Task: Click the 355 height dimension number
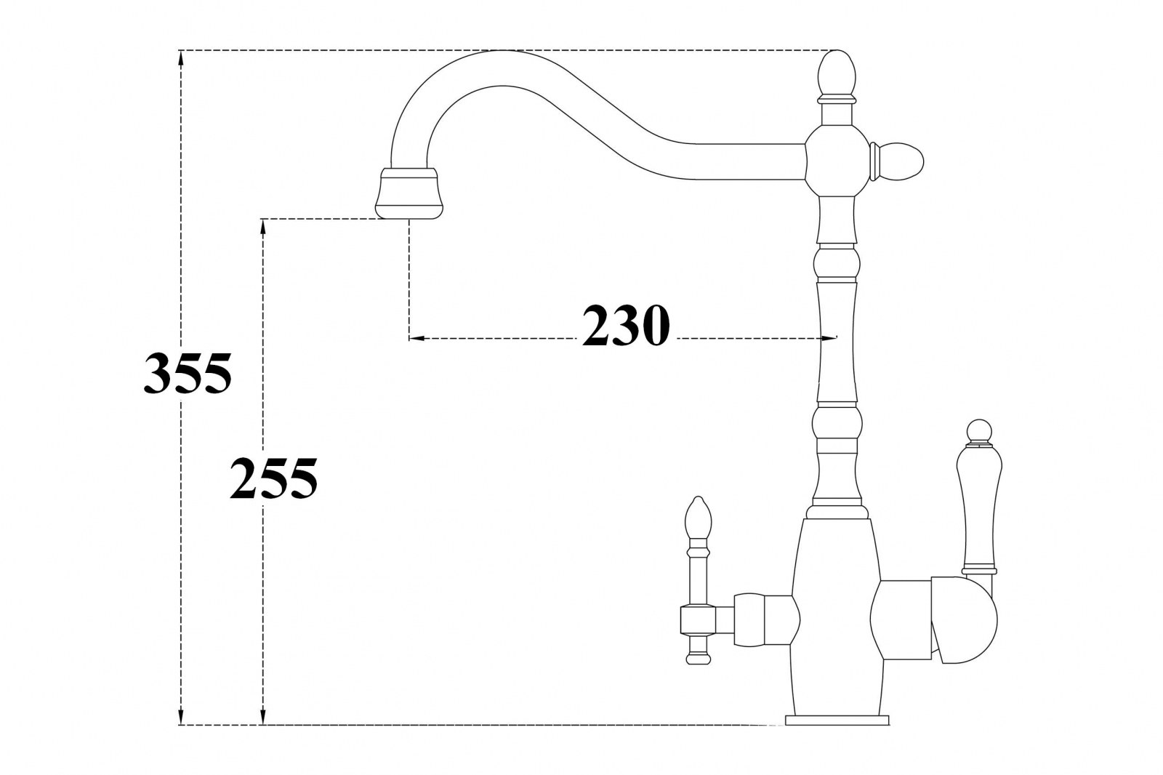click(188, 373)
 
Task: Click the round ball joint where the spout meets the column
click(837, 161)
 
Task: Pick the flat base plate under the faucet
click(837, 720)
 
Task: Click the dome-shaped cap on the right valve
click(965, 619)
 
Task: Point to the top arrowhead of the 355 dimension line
click(181, 57)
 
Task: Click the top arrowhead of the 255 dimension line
click(263, 227)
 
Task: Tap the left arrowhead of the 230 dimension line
click(417, 338)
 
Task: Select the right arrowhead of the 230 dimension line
click(829, 338)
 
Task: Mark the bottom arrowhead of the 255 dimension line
click(263, 717)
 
